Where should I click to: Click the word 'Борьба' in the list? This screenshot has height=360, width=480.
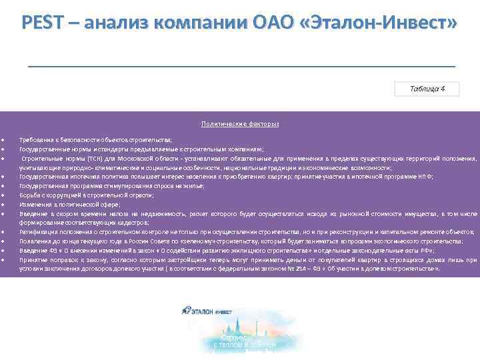[29, 195]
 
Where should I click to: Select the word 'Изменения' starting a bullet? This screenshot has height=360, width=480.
[33, 204]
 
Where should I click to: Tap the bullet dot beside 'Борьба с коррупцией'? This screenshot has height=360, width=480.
[3, 195]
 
